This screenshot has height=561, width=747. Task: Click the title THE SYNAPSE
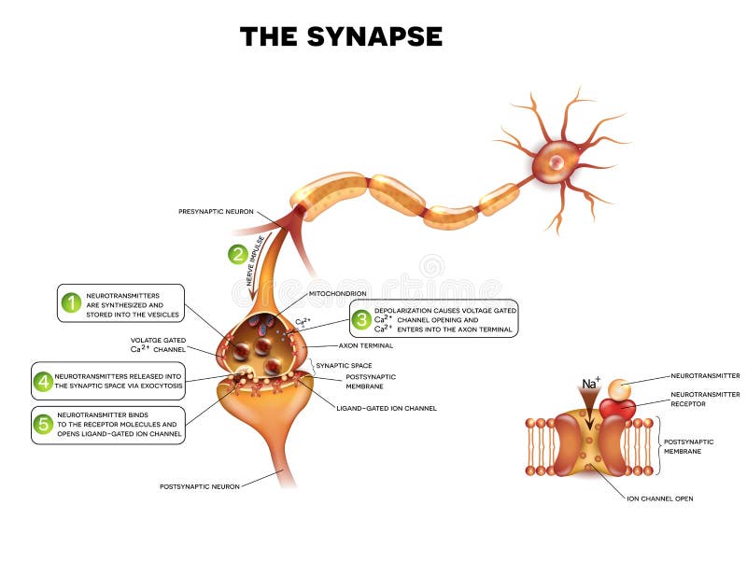[x=341, y=36]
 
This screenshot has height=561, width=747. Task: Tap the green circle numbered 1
[x=71, y=302]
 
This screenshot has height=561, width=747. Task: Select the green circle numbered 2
[x=238, y=253]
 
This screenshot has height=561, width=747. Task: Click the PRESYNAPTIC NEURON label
[x=216, y=212]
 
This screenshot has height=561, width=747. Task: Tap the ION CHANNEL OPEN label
[x=659, y=498]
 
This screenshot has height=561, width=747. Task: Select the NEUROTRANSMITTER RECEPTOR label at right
[x=706, y=399]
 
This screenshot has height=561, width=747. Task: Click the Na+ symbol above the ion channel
[x=590, y=384]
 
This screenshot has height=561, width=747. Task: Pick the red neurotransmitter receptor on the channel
[x=617, y=408]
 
